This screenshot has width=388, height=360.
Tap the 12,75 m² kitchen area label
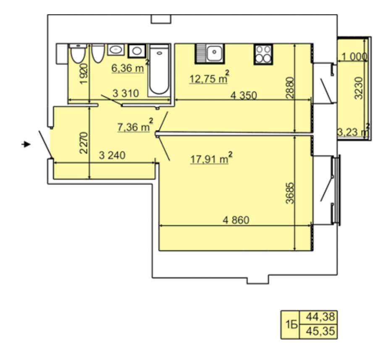[210, 77]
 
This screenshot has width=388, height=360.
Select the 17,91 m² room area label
[211, 158]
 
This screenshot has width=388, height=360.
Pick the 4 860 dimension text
[236, 220]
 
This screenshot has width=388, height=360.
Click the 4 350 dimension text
[244, 95]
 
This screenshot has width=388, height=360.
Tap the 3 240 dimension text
[112, 155]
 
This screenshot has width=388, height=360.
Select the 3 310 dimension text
[126, 94]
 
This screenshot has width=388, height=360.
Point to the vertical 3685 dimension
[290, 193]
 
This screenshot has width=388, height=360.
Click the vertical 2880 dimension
[290, 88]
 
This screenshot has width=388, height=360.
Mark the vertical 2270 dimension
[84, 143]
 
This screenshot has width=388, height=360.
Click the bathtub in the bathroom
[159, 70]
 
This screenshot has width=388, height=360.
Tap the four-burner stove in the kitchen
[263, 54]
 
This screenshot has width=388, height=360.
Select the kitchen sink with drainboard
[210, 54]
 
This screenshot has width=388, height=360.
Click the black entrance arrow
[26, 144]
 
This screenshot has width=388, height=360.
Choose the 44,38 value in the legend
[320, 317]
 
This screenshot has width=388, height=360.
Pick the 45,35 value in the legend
[320, 331]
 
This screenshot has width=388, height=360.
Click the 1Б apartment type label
[291, 324]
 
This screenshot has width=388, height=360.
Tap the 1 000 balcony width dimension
[354, 57]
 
